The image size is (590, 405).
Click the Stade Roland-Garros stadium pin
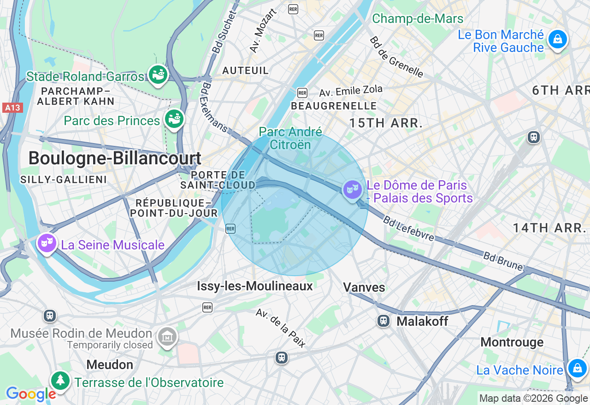pyautogui.click(x=158, y=74)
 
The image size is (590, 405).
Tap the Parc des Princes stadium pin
pyautogui.click(x=174, y=119)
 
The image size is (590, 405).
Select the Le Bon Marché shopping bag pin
pyautogui.click(x=557, y=40)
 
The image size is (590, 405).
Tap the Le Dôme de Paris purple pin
pyautogui.click(x=353, y=189)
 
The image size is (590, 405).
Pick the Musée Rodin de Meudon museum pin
pyautogui.click(x=167, y=337)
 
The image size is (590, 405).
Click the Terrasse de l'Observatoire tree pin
pyautogui.click(x=60, y=380)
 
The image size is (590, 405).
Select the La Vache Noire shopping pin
pyautogui.click(x=577, y=368)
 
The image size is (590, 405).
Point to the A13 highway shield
pyautogui.click(x=12, y=108)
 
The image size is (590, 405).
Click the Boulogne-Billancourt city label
pyautogui.click(x=115, y=158)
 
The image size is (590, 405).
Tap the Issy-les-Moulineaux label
pyautogui.click(x=255, y=286)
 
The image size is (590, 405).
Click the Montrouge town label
pyautogui.click(x=512, y=342)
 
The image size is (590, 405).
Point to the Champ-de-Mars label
pyautogui.click(x=418, y=18)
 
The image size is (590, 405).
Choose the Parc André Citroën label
pyautogui.click(x=290, y=138)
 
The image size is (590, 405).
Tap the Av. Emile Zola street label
pyautogui.click(x=351, y=91)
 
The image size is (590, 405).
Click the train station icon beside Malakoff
pyautogui.click(x=383, y=321)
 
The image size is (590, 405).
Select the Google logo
pyautogui.click(x=31, y=394)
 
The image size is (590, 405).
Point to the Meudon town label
pyautogui.click(x=110, y=364)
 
